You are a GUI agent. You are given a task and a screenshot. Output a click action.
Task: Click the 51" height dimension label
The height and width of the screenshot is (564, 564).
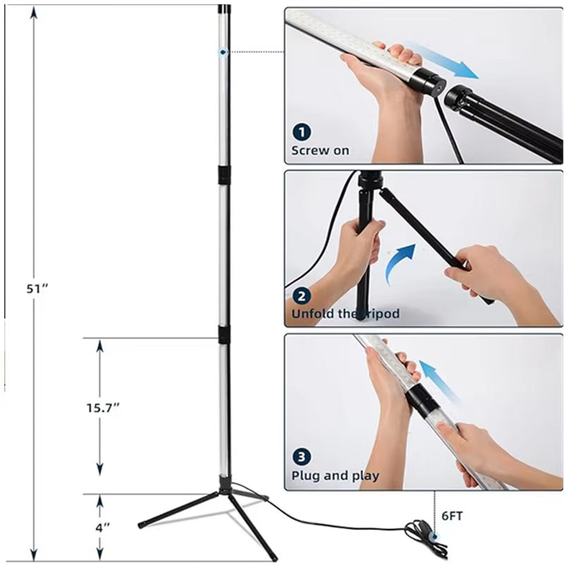coord(37,289)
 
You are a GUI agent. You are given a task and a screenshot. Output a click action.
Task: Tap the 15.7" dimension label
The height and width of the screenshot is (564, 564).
coord(102,408)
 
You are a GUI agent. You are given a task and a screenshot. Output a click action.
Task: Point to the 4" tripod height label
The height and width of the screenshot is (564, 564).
coord(102,528)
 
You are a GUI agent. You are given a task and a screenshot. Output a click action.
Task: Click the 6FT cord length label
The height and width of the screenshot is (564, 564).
coord(452,516)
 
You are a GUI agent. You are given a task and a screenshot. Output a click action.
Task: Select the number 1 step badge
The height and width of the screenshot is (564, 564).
coord(302,132)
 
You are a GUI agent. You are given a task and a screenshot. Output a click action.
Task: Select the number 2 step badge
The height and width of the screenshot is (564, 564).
coord(302,296)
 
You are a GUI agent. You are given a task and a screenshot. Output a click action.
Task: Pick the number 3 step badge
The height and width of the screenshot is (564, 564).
coord(302,457)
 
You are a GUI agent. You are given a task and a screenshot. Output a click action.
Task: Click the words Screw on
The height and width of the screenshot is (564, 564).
coord(320,150)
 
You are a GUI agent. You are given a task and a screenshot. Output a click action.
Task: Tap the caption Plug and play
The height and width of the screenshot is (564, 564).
coord(336,476)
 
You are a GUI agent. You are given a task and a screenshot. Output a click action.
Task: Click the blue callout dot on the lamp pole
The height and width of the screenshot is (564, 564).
coord(223,52)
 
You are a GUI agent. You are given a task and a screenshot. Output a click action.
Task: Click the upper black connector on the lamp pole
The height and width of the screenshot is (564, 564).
coord(223,175)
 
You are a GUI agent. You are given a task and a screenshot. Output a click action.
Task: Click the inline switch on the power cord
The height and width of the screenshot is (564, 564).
coord(435,537)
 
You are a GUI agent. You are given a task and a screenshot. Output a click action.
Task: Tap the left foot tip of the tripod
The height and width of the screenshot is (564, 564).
coord(140,525)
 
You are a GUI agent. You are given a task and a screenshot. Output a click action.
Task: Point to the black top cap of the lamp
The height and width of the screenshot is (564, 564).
coord(225,8)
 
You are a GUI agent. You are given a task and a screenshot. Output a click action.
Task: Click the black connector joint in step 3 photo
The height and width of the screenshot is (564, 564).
coord(420,401)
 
